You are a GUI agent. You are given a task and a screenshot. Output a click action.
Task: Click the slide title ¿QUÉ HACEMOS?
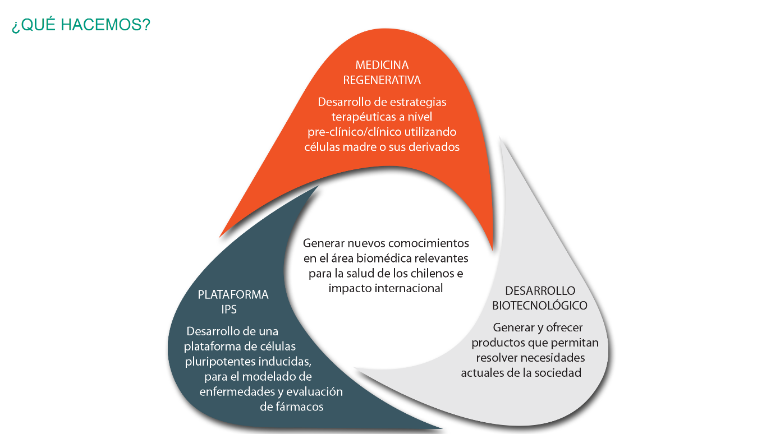pyautogui.click(x=81, y=25)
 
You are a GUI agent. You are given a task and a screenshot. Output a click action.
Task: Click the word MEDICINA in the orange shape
pyautogui.click(x=382, y=66)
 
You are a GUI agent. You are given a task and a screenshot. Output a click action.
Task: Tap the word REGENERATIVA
pyautogui.click(x=382, y=80)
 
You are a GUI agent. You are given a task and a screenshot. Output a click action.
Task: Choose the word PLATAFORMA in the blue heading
pyautogui.click(x=233, y=295)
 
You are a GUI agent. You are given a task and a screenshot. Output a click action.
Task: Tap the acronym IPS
pyautogui.click(x=229, y=310)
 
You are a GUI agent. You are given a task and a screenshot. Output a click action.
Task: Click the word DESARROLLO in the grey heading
pyautogui.click(x=540, y=291)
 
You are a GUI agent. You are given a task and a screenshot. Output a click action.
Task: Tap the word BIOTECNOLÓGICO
pyautogui.click(x=539, y=306)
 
